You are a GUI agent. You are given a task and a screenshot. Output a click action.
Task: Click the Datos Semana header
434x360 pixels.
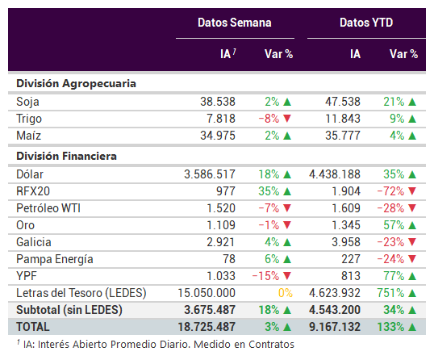tap(235, 23)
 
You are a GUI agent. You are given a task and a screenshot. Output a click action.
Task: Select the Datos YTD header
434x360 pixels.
tap(366, 23)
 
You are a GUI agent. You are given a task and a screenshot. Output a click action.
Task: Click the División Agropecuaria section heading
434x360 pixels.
tap(76, 84)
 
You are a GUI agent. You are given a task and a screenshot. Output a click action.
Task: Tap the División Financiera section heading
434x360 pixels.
tap(66, 156)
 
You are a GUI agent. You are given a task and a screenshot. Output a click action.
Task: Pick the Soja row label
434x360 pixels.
tap(27, 102)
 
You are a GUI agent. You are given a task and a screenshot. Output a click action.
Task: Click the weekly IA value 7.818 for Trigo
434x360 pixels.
tap(221, 119)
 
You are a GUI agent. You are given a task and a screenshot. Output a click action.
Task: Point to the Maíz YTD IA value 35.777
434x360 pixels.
tap(343, 136)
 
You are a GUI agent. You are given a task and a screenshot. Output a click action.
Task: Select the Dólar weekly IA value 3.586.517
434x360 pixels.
tap(210, 174)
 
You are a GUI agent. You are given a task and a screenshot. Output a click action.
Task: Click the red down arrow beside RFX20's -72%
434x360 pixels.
tap(412, 191)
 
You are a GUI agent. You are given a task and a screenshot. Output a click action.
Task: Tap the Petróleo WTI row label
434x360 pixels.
tap(48, 208)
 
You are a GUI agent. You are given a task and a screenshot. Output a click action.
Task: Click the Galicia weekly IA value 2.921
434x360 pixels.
tap(220, 242)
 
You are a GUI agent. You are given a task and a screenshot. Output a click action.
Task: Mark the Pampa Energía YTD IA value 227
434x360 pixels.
tap(351, 259)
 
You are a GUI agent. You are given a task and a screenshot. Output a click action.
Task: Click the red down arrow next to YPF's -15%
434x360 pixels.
tap(287, 276)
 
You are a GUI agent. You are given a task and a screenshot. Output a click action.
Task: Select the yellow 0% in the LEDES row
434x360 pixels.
tap(285, 293)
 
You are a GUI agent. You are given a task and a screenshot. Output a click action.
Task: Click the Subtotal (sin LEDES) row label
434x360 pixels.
tap(69, 310)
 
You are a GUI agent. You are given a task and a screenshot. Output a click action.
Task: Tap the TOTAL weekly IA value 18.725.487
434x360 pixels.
tap(207, 327)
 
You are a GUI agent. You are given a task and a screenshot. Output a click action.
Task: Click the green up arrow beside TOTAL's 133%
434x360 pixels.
tap(412, 328)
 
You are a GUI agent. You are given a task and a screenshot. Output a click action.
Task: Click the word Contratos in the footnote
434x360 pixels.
tap(271, 344)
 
